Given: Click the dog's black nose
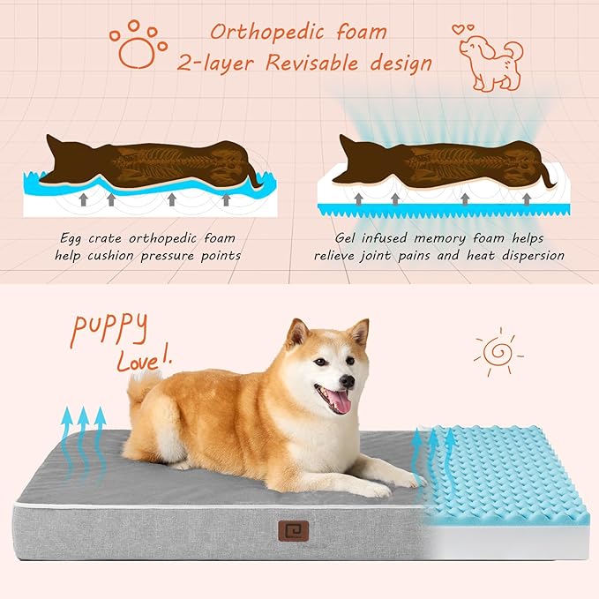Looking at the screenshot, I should pyautogui.click(x=348, y=381).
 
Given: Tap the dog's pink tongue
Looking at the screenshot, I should pyautogui.click(x=339, y=403).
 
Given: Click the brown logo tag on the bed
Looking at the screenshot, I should pyautogui.click(x=291, y=532).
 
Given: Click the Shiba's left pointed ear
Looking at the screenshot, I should pyautogui.click(x=296, y=333).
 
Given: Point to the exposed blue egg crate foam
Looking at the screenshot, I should pyautogui.click(x=507, y=476).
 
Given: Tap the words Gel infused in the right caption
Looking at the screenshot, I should pyautogui.click(x=371, y=238).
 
